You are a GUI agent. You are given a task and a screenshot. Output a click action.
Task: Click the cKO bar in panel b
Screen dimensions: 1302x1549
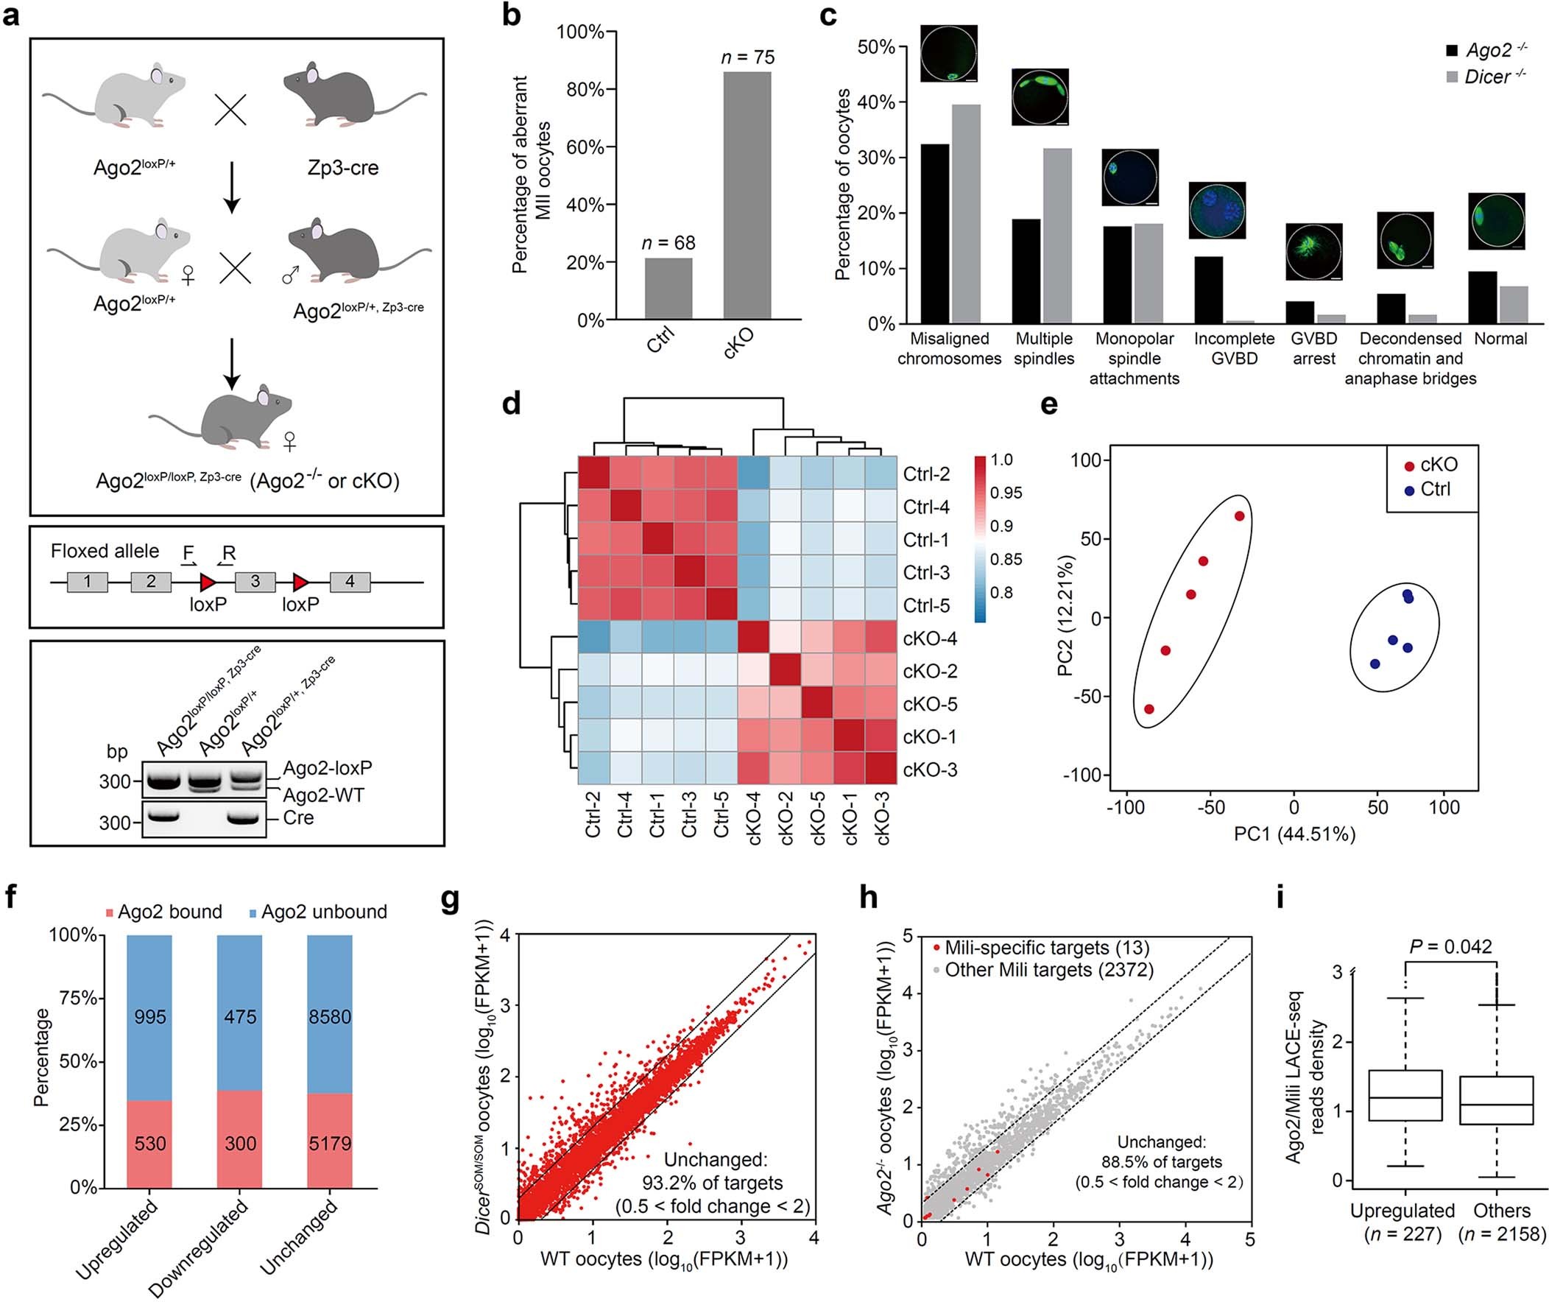747,196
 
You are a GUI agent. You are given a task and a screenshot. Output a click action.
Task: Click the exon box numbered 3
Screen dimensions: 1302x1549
255,582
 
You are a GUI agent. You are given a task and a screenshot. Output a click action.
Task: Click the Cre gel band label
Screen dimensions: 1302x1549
298,818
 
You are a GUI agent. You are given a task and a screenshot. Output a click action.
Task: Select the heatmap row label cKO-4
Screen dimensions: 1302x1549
930,638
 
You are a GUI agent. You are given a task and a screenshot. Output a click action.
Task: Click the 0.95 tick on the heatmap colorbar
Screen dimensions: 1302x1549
1006,493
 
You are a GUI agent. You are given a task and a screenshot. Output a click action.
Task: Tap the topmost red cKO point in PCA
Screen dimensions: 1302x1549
1239,516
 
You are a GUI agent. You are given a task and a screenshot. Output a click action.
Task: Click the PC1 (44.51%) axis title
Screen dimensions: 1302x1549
1294,835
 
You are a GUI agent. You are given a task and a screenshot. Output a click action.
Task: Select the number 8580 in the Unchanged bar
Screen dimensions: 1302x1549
330,1017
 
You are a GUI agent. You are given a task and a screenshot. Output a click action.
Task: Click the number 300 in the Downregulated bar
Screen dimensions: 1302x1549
240,1144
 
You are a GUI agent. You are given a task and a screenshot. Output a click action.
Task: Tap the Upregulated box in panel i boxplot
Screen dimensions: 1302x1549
1405,1095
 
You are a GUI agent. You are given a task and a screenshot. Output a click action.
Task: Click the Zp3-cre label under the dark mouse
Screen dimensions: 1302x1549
342,168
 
